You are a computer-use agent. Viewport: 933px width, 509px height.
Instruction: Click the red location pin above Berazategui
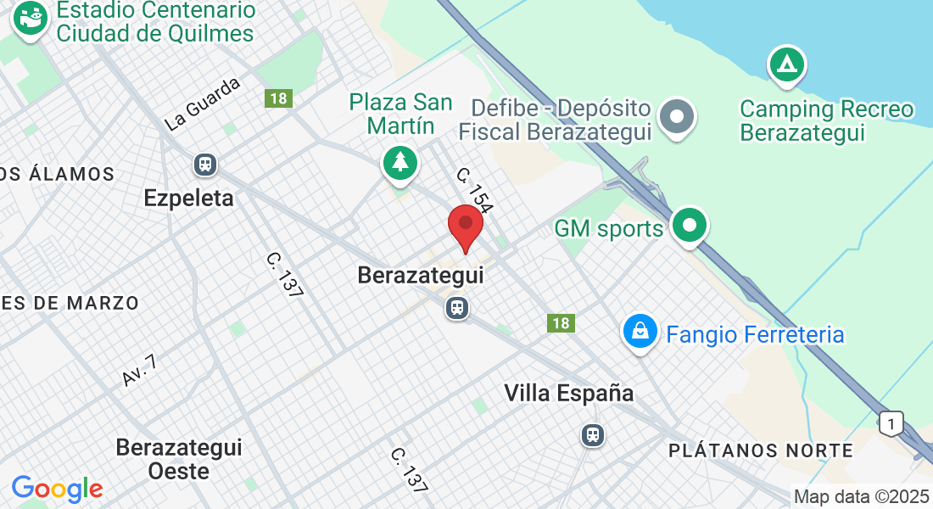point(466,226)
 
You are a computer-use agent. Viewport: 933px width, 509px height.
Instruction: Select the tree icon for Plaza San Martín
point(399,161)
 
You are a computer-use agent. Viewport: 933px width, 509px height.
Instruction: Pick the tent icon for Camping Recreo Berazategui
point(786,65)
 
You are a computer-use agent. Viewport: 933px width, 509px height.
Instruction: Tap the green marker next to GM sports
point(689,227)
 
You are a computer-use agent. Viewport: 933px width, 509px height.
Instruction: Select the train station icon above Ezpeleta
point(204,164)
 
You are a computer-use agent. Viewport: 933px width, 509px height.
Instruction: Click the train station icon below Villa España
point(592,435)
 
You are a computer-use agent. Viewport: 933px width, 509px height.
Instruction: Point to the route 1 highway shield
point(890,422)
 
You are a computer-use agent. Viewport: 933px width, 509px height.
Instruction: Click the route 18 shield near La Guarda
point(277,98)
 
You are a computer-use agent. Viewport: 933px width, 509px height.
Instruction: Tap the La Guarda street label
point(203,105)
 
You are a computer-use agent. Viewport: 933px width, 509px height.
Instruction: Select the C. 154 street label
point(473,189)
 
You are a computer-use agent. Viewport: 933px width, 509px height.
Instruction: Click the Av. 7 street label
point(140,371)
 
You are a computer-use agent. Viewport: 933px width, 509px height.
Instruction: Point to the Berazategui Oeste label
point(179,458)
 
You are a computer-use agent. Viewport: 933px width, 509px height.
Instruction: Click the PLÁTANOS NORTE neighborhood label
point(761,450)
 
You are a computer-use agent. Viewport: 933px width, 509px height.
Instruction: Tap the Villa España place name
point(568,394)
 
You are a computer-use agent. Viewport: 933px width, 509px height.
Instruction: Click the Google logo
point(57,489)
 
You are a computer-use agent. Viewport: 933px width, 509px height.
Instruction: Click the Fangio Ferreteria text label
point(755,334)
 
